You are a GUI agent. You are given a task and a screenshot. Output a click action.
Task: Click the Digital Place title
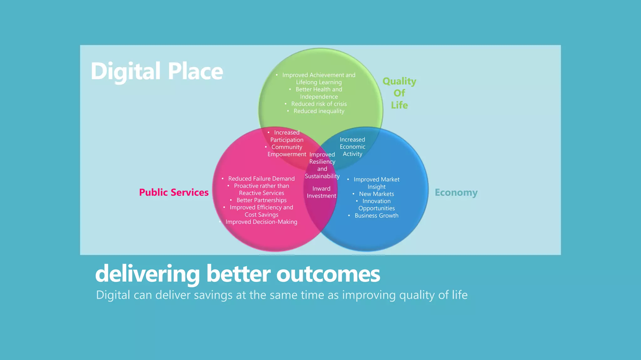pos(157,71)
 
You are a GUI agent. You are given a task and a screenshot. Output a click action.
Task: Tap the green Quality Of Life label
pos(399,93)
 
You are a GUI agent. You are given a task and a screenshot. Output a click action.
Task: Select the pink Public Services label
pos(174,192)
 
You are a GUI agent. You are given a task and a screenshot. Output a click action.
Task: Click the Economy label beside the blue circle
pos(456,192)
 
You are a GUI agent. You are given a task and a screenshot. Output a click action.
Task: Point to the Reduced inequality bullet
pos(319,111)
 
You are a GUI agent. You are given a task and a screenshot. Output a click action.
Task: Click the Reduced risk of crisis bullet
pos(319,104)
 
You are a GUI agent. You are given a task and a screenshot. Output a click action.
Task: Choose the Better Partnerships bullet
pos(261,200)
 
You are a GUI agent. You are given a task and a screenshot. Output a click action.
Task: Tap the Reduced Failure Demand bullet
pos(261,179)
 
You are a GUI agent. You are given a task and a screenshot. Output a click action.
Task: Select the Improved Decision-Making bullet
pos(261,222)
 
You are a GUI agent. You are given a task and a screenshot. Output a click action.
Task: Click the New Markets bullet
pos(376,194)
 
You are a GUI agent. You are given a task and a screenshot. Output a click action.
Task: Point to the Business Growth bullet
pos(376,216)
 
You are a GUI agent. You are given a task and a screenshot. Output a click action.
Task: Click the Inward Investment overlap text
pos(321,192)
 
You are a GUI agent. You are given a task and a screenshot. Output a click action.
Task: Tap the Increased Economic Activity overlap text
pos(352,147)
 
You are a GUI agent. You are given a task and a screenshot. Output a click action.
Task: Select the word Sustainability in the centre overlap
pos(322,176)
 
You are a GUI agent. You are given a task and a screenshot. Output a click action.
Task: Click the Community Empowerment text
pos(286,151)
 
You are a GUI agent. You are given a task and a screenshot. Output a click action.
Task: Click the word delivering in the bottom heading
pos(147,274)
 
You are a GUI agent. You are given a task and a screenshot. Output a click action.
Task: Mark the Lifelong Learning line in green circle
pos(319,82)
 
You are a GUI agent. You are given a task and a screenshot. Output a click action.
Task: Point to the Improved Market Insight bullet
pos(376,183)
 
